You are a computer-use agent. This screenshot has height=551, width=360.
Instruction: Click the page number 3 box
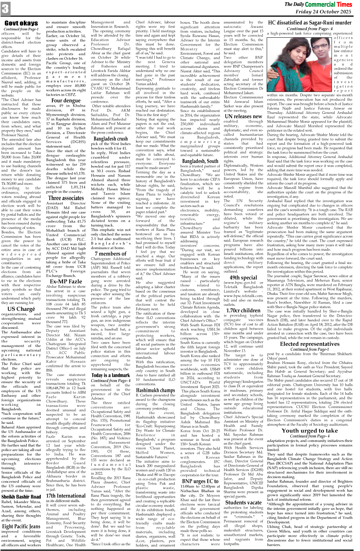[5, 9]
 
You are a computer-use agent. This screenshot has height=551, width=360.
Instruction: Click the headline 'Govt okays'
[21, 23]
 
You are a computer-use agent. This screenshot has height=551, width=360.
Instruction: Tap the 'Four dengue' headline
[66, 101]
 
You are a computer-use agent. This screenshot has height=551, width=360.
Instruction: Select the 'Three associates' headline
[66, 198]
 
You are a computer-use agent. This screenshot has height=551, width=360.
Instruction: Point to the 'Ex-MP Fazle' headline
[66, 281]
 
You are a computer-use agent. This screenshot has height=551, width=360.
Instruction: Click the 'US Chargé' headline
[21, 308]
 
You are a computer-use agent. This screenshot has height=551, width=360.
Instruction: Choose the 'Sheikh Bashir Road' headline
[21, 496]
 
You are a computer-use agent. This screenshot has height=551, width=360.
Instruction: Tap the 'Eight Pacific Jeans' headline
[21, 526]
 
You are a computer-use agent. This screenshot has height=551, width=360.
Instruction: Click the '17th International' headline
[66, 496]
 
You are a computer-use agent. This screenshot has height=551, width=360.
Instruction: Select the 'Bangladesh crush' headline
[111, 139]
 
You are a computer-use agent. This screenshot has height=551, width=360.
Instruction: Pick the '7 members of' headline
[111, 253]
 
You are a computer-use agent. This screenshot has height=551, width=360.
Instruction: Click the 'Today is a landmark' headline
[111, 375]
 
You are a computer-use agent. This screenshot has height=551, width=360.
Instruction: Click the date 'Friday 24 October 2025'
[323, 12]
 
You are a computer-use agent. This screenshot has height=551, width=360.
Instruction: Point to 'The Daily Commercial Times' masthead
[318, 4]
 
